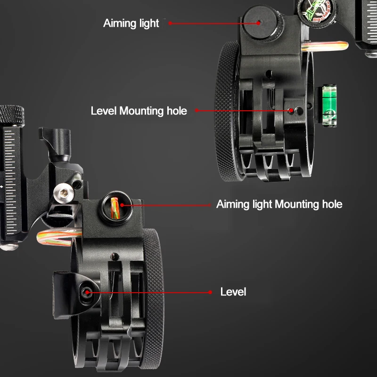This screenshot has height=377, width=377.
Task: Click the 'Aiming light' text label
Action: tap(131, 24)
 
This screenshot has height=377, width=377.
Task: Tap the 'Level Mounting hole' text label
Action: tap(139, 111)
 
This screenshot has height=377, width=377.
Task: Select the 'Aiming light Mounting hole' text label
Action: tap(279, 205)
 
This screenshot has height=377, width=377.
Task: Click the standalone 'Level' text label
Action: tap(233, 292)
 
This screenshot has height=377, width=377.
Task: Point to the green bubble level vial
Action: tap(329, 105)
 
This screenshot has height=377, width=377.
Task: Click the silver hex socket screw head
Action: tap(64, 193)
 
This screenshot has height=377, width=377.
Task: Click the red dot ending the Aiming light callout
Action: tap(258, 23)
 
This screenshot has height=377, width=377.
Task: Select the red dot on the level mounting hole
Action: tap(291, 111)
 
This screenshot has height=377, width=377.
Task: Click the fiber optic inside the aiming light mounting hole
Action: tap(115, 208)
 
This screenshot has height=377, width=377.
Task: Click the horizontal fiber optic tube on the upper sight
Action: tap(325, 46)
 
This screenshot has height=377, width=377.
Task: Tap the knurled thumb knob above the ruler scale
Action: tap(12, 115)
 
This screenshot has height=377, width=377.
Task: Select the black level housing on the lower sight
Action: tap(76, 295)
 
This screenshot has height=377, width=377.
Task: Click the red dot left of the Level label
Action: tap(210, 292)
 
